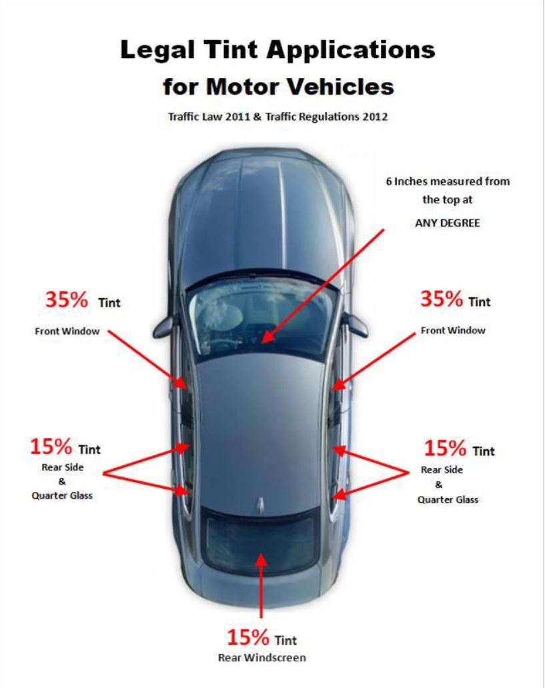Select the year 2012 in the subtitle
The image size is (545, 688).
point(375,117)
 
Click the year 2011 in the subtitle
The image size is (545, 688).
point(237,117)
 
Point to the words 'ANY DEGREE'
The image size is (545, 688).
point(448,223)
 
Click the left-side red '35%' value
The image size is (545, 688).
point(67,300)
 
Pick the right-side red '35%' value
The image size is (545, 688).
point(442,299)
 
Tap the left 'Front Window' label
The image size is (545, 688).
point(67,331)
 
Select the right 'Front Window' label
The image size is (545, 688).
point(453,331)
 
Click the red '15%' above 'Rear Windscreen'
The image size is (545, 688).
point(248,637)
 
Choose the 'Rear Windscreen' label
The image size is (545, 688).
point(262,658)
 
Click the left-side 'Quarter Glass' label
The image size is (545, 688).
point(62,495)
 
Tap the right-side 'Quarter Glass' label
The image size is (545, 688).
point(448,500)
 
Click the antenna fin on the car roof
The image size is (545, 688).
point(261,505)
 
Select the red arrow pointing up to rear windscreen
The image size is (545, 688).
point(261,586)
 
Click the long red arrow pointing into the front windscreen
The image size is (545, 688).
point(324,285)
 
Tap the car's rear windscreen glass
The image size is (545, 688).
point(260,544)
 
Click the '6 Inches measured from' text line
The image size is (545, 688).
point(448,181)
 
